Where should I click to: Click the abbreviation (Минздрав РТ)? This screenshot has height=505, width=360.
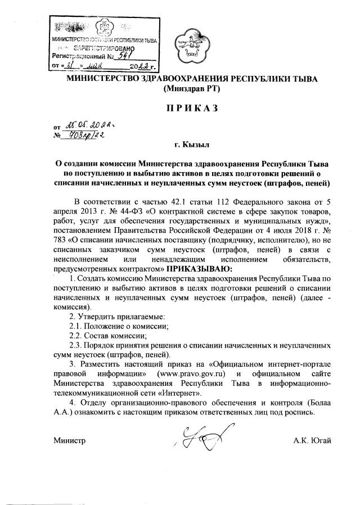(191, 88)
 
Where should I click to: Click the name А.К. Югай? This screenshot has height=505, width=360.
(312, 440)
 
